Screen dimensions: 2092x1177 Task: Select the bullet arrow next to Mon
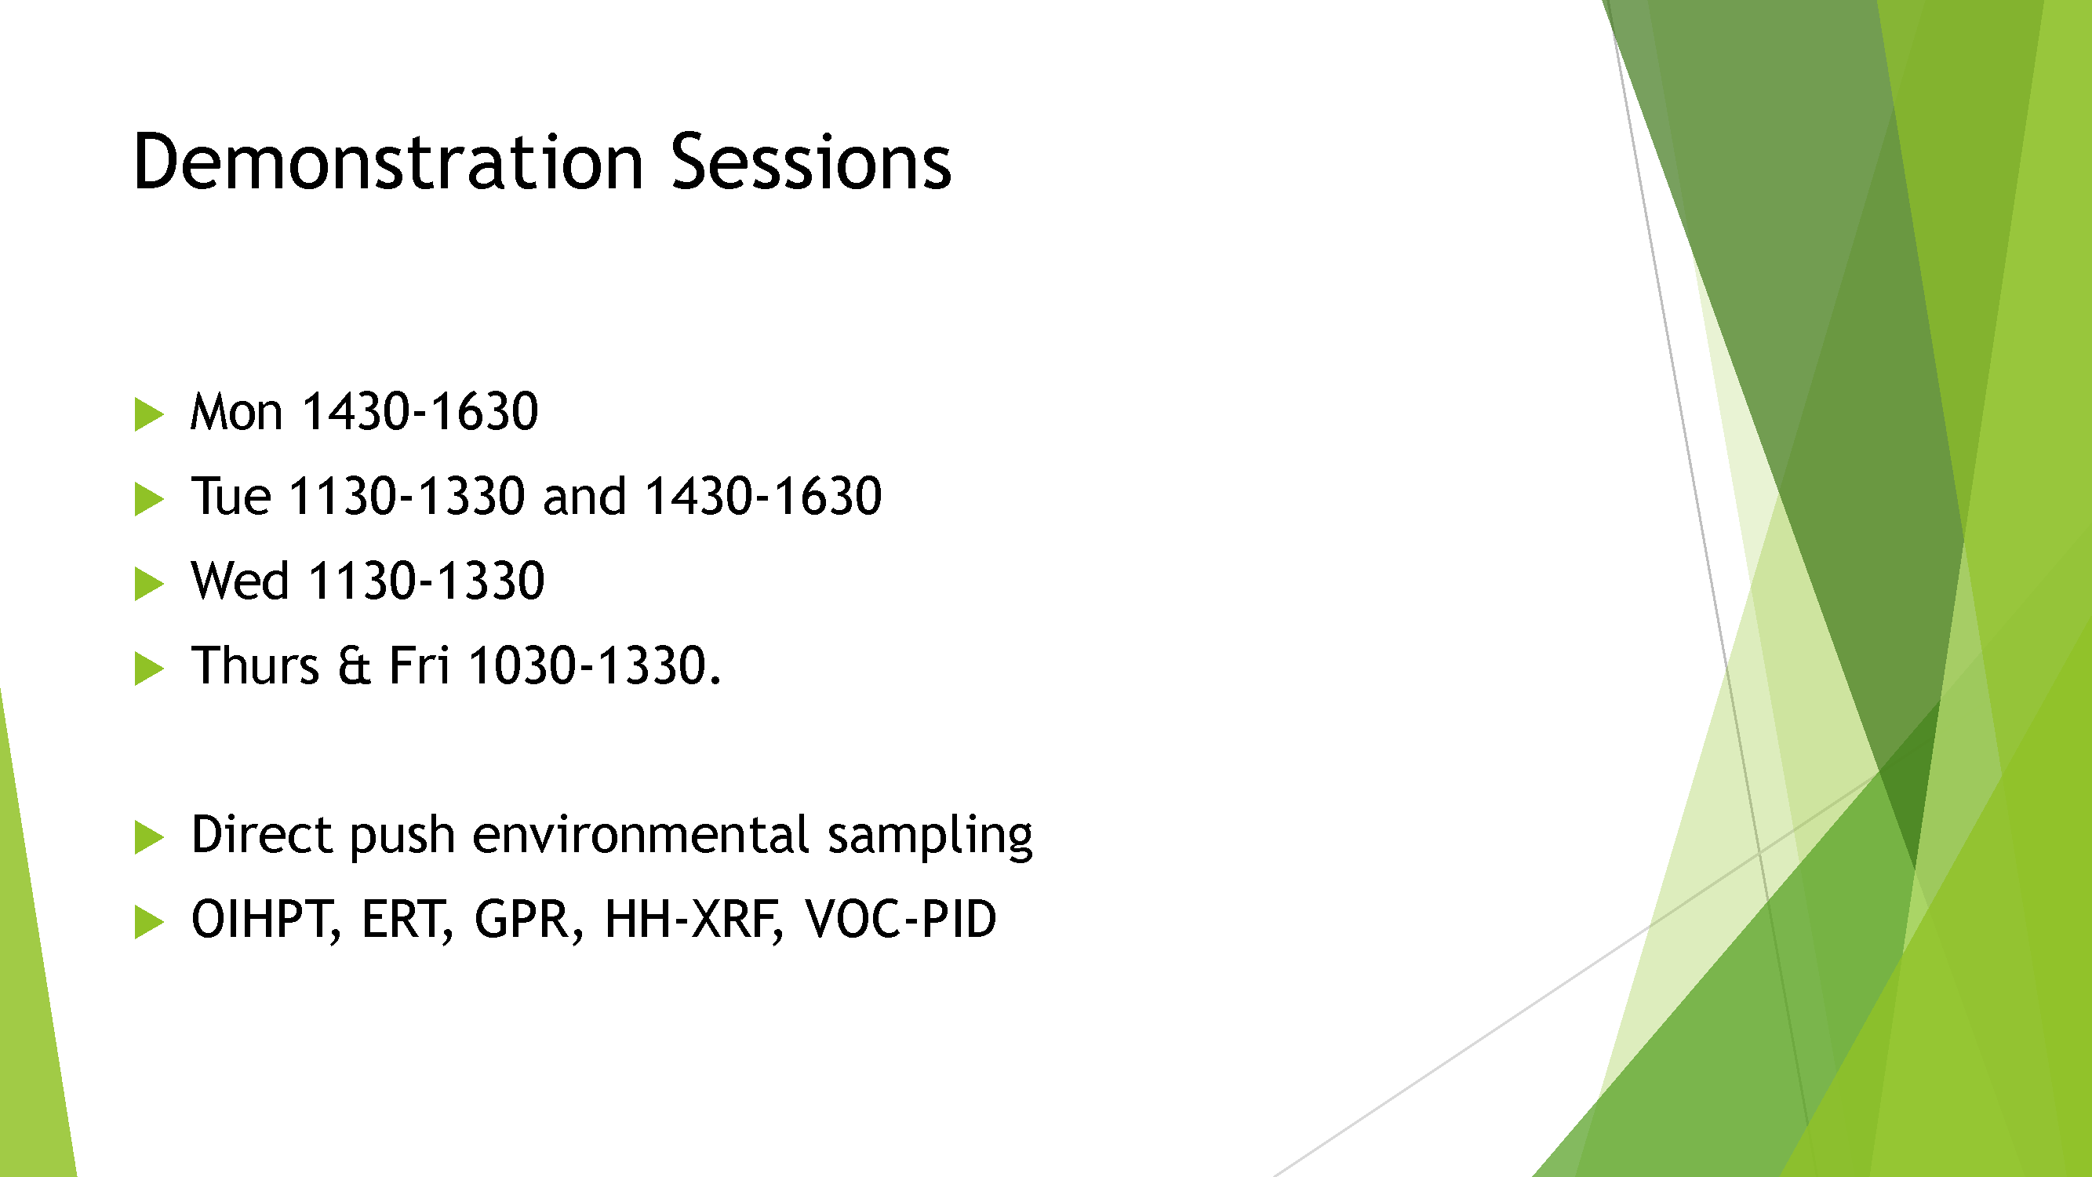(x=148, y=414)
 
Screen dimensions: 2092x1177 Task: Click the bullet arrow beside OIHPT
(x=148, y=922)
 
